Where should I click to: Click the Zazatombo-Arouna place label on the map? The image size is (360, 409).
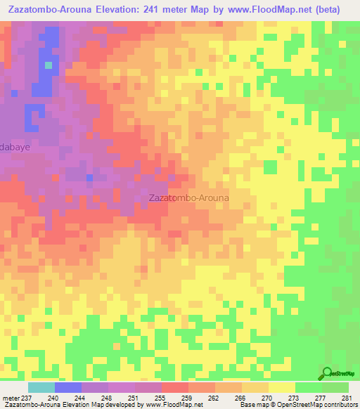point(189,198)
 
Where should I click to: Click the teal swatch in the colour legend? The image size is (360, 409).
point(41,387)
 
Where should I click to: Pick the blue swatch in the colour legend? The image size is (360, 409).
point(67,387)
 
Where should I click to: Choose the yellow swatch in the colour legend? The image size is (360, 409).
point(281,387)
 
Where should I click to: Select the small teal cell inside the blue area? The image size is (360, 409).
point(49,65)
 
